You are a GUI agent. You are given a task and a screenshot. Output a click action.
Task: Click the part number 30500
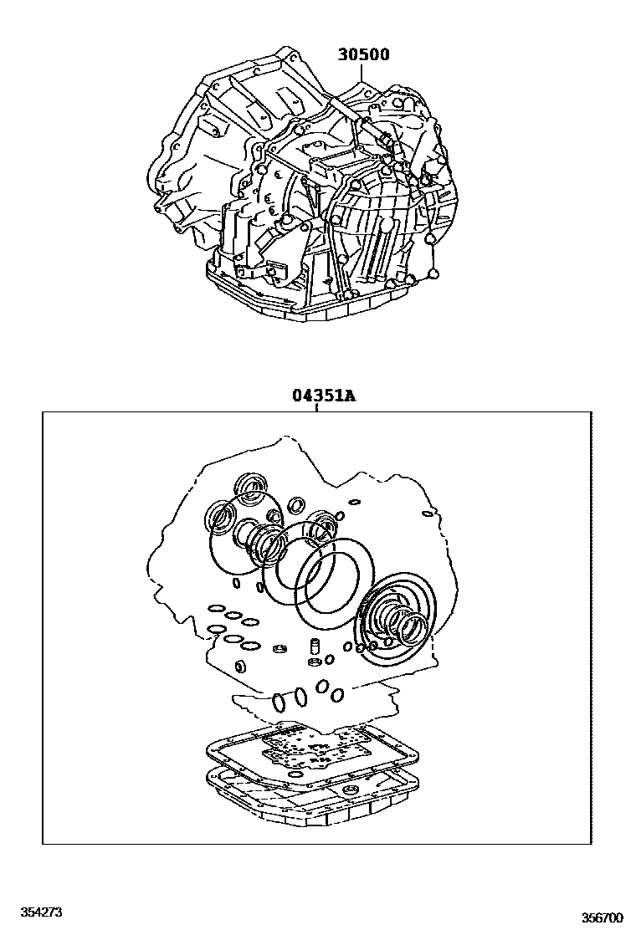pos(363,55)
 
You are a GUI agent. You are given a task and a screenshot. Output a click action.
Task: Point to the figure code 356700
pos(603,917)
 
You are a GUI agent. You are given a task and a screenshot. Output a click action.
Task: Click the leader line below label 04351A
pos(317,407)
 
